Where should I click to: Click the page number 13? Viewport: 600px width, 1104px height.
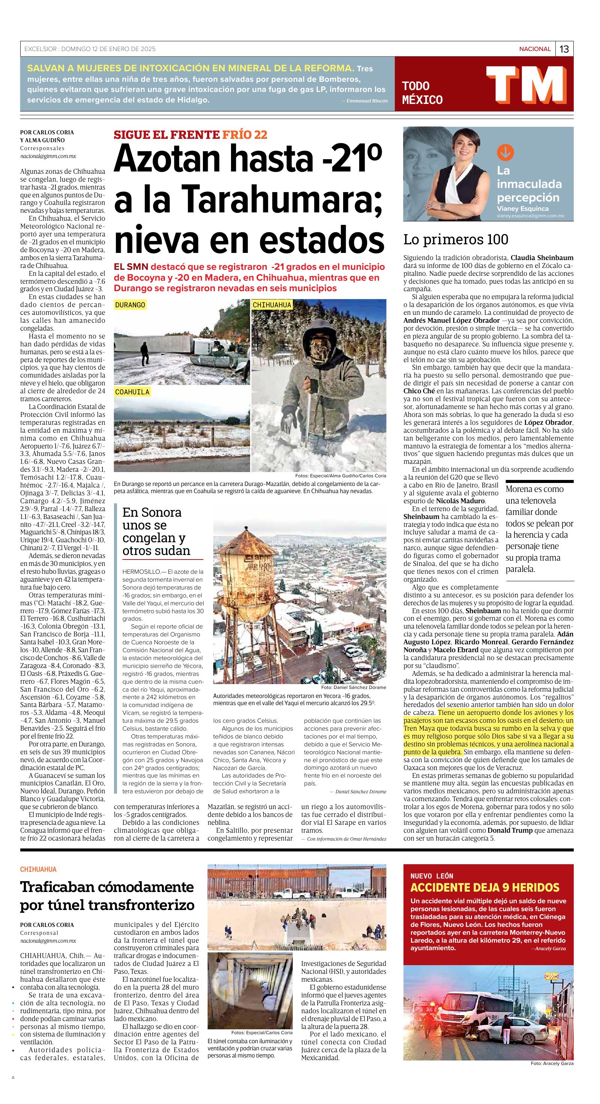point(564,49)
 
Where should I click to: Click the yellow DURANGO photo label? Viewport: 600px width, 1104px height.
point(130,305)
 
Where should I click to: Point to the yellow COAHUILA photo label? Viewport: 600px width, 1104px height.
point(132,392)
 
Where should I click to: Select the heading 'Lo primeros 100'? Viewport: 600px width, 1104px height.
point(456,239)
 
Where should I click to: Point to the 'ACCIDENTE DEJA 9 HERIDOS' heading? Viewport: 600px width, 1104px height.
point(485,887)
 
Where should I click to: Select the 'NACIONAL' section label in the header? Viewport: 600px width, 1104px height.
point(534,49)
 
